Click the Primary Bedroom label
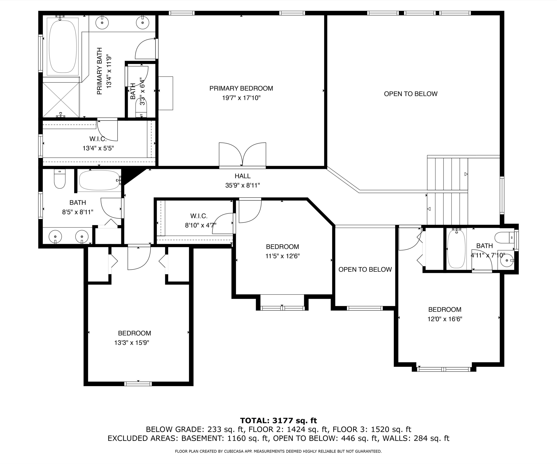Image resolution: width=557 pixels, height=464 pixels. click(x=241, y=88)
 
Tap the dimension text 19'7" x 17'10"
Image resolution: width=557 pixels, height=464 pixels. click(x=241, y=98)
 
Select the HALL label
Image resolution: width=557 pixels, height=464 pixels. click(x=242, y=176)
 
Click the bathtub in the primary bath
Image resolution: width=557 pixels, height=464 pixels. click(x=63, y=46)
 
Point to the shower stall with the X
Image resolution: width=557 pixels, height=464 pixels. click(x=61, y=100)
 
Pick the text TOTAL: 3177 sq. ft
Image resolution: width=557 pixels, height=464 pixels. click(x=278, y=421)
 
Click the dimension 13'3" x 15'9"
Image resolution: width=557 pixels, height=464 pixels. click(x=132, y=343)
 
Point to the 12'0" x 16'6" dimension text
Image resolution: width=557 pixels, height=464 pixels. click(x=445, y=319)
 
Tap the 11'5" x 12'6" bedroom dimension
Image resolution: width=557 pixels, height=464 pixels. click(x=282, y=256)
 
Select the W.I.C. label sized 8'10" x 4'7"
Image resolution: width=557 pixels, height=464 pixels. click(x=199, y=216)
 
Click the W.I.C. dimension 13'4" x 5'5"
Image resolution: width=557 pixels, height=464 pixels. click(x=98, y=148)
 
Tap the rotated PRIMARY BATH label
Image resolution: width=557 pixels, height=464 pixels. click(x=100, y=71)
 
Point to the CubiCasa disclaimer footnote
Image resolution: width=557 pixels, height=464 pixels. click(x=278, y=451)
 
